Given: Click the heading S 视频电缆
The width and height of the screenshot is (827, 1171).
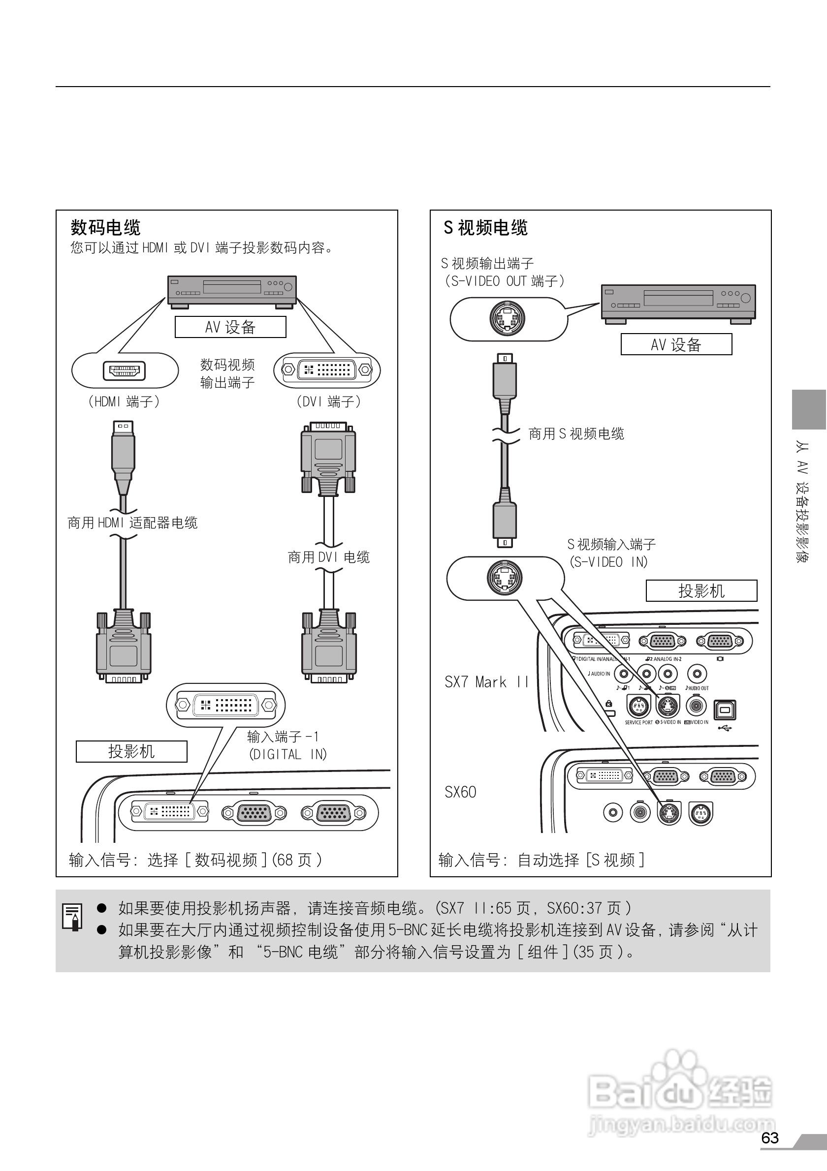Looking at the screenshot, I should pos(485,227).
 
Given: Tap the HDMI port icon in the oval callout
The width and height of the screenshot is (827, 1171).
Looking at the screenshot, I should pos(124,371).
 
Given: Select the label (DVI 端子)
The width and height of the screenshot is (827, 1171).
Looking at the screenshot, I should pos(328,402).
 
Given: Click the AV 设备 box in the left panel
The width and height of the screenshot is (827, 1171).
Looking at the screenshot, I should pos(230,327).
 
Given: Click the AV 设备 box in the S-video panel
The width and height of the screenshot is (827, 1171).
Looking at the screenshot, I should pos(676,344).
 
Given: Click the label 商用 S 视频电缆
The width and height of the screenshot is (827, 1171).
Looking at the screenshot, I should pos(576,434).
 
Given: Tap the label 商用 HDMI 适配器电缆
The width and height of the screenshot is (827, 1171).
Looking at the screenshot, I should pos(132,523).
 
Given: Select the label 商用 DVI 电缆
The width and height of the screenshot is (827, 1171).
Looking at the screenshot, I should pos(328,557).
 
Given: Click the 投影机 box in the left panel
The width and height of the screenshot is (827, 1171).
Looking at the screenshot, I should pos(131,752).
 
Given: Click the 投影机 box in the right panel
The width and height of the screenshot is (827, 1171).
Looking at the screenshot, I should pos(701,591).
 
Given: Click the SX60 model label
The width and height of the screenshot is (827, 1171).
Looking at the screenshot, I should pos(460,792).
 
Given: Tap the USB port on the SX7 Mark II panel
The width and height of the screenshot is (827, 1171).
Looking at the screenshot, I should pos(725,709).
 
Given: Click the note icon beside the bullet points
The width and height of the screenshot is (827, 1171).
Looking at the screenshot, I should pos(73,917).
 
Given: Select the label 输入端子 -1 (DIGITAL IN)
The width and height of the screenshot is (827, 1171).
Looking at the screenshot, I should pos(286,745).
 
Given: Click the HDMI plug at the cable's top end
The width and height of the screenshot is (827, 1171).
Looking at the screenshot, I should pos(123,449).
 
